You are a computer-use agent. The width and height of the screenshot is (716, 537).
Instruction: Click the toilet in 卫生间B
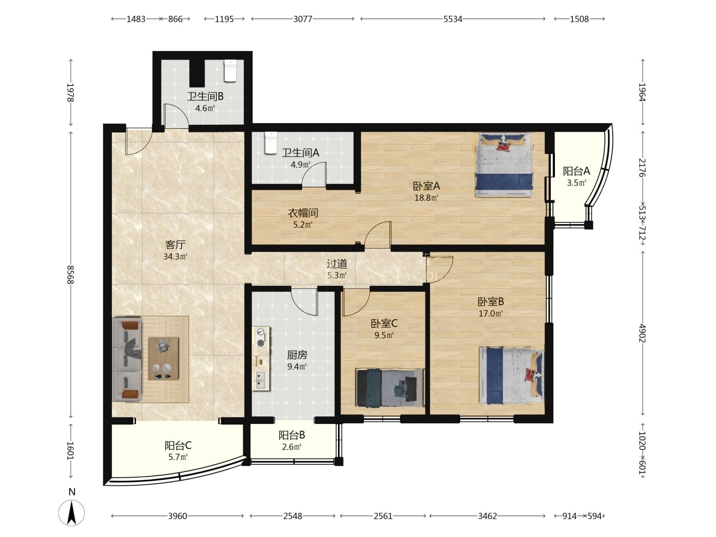click(x=230, y=71)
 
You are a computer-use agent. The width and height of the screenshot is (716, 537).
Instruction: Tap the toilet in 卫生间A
click(x=271, y=143)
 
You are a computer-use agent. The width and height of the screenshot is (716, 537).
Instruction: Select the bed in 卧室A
click(x=504, y=165)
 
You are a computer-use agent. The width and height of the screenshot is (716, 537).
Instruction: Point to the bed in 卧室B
click(x=511, y=375)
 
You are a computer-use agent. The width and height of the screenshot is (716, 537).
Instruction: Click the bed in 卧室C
click(x=390, y=388)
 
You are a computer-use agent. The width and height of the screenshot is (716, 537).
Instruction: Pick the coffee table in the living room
click(x=163, y=359)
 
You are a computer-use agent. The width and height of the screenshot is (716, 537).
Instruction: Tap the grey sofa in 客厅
click(x=127, y=359)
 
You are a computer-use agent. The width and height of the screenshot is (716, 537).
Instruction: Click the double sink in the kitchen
click(x=261, y=380)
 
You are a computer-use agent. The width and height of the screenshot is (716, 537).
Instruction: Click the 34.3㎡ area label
click(x=175, y=257)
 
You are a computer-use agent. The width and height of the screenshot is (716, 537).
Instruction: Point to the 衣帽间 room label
click(x=303, y=213)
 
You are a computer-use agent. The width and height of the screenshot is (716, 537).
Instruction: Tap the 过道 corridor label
click(x=337, y=263)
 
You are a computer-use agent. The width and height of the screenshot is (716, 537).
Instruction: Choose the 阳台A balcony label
click(x=576, y=171)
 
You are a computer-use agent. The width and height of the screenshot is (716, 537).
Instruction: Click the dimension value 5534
click(x=453, y=19)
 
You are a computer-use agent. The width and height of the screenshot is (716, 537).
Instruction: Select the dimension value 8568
click(x=71, y=275)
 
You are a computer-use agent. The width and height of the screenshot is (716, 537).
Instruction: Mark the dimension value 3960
click(x=177, y=516)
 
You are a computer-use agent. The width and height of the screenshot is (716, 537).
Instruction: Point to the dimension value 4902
click(x=642, y=333)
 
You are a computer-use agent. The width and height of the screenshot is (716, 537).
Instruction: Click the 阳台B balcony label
click(x=292, y=435)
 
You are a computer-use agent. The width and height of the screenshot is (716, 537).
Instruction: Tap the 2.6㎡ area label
click(x=292, y=446)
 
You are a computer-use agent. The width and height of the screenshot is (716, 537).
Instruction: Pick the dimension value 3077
click(x=303, y=19)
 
